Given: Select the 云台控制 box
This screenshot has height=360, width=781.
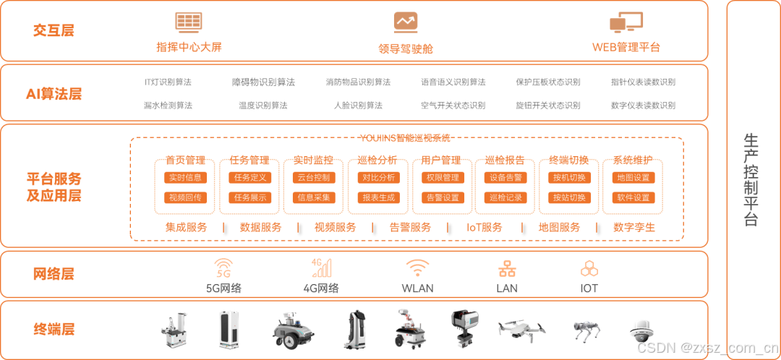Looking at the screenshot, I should coord(313,177).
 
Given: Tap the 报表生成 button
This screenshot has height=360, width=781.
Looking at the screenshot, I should coord(378,197).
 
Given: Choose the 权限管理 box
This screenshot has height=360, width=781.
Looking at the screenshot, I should coord(442,177).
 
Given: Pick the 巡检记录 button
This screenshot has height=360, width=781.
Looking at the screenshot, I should coord(505,197).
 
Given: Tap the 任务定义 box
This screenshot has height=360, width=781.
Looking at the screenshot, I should coord(249,177).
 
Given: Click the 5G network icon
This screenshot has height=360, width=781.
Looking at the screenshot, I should coord(223,268).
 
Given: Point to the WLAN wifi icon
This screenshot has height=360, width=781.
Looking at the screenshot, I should coord(417,268).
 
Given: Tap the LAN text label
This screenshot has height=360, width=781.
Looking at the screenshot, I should coord(507,288).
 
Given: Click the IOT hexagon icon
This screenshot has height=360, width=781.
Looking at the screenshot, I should coord(589,269).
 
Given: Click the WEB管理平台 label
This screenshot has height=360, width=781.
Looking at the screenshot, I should coord(626,48).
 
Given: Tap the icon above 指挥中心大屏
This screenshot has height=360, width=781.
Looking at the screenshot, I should coord(189,22).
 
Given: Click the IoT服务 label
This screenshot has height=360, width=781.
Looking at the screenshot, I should coord(485,227).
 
